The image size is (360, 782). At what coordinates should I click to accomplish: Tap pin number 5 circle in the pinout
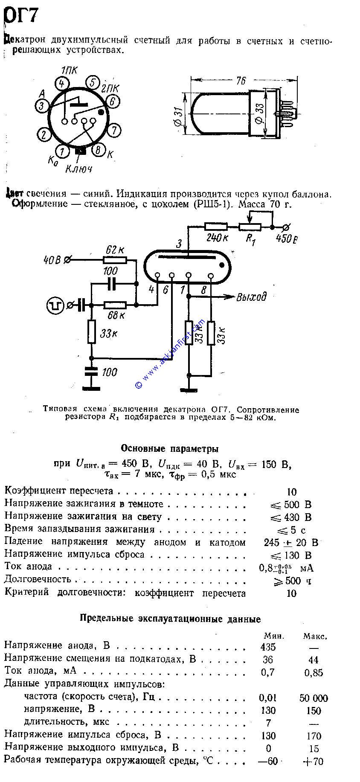pyautogui.click(x=92, y=82)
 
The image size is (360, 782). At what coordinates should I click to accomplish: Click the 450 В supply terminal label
pyautogui.click(x=286, y=238)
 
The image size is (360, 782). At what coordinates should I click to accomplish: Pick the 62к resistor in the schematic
pyautogui.click(x=115, y=260)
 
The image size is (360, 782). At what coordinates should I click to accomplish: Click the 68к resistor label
pyautogui.click(x=116, y=315)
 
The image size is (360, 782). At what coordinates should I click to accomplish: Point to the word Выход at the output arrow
pyautogui.click(x=251, y=297)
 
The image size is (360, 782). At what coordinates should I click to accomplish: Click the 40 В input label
pyautogui.click(x=52, y=259)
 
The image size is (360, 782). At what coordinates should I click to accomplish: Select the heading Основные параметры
pyautogui.click(x=170, y=448)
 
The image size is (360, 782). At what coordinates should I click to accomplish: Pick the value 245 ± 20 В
pyautogui.click(x=291, y=543)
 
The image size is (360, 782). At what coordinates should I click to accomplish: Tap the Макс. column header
pyautogui.click(x=315, y=636)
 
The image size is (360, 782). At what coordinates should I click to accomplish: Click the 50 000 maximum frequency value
pyautogui.click(x=314, y=698)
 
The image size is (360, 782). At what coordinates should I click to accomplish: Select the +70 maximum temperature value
pyautogui.click(x=313, y=762)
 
